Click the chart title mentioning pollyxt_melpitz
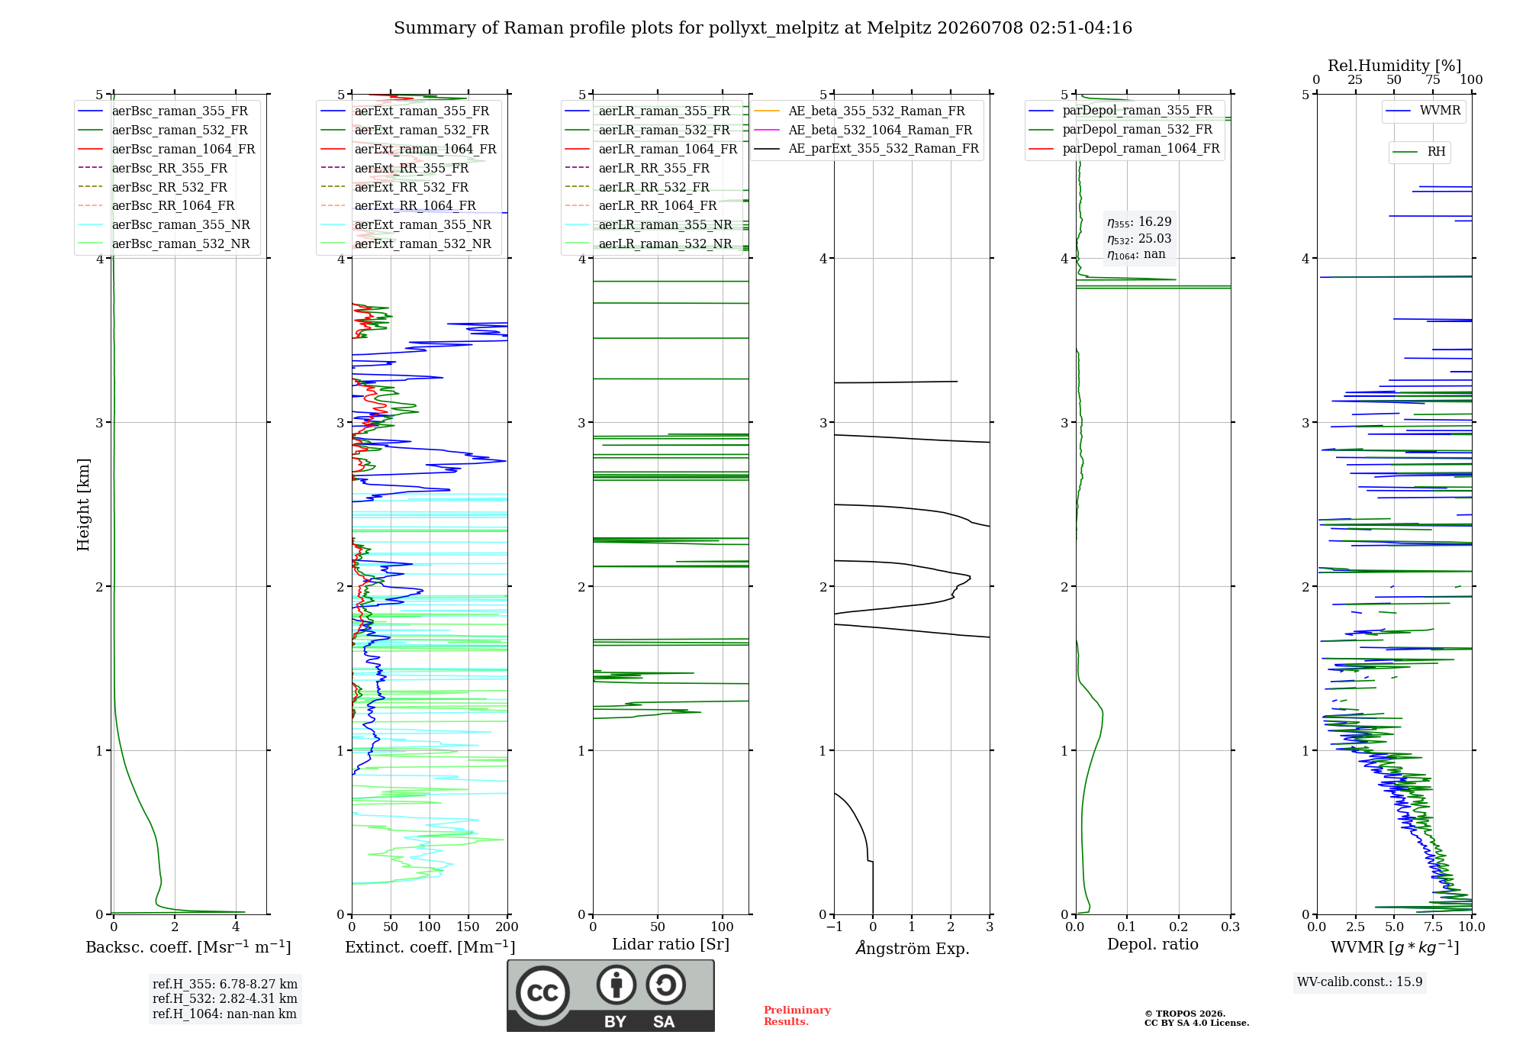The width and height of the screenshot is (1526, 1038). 763,28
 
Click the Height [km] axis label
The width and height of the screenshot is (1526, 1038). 83,504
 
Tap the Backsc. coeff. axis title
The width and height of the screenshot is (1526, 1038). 188,947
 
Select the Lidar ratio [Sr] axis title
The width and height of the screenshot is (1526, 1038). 671,944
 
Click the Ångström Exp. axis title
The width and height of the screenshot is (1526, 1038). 913,947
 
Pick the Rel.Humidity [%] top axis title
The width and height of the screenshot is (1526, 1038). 1395,66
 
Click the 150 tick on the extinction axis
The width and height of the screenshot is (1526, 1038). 468,927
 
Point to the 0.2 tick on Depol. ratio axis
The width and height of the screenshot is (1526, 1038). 1179,927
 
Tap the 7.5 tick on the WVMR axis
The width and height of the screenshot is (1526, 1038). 1433,927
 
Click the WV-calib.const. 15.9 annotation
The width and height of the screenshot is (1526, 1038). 1360,982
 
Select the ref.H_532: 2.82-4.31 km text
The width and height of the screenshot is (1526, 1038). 224,998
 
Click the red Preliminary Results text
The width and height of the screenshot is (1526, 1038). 797,1016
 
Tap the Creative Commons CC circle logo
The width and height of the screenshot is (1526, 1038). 542,992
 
